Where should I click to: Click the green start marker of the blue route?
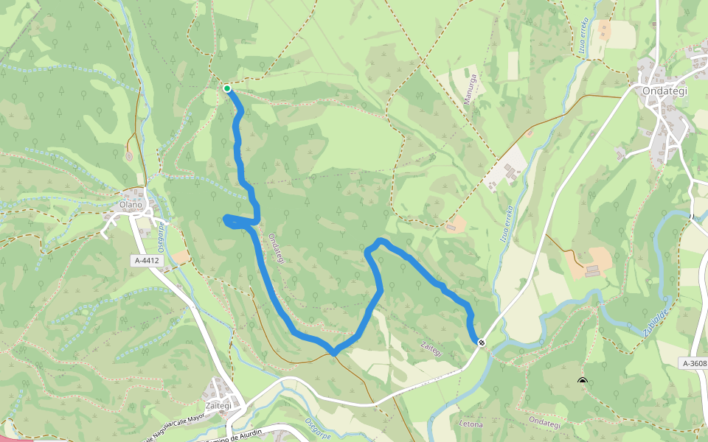(x=227, y=88)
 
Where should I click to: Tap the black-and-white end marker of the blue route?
(x=482, y=343)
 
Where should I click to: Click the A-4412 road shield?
(x=147, y=261)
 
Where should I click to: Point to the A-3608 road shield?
(x=693, y=363)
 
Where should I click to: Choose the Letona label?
(x=471, y=424)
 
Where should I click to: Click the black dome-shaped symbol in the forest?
(x=583, y=381)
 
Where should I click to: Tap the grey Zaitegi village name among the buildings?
(x=218, y=405)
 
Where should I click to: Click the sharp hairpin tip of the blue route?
(x=225, y=219)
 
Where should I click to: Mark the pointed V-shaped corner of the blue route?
(x=333, y=353)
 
